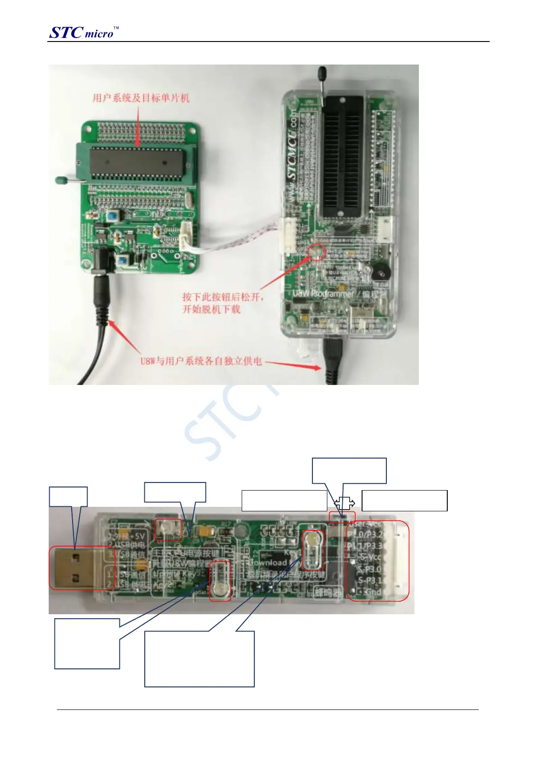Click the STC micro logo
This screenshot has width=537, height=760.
point(83,32)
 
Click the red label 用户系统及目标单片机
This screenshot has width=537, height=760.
point(141,98)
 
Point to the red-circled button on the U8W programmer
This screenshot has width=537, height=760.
point(317,251)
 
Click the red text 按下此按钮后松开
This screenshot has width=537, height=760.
point(223,297)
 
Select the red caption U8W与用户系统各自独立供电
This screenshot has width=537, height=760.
point(201,361)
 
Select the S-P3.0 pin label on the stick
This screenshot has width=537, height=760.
point(370,570)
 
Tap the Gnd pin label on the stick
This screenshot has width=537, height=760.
point(372,592)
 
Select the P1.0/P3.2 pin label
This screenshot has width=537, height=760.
point(365,535)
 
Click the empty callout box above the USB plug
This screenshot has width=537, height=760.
point(68,496)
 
